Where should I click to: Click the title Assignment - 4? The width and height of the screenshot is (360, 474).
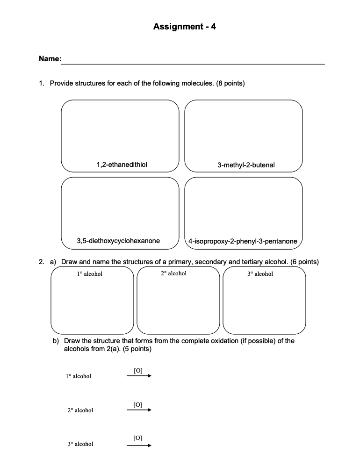[185, 27]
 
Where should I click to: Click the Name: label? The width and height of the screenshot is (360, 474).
[50, 59]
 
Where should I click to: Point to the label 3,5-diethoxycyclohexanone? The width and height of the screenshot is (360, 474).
[118, 241]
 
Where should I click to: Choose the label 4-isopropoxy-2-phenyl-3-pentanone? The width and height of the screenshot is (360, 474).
[243, 241]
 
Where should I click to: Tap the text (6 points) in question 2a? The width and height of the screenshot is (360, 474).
[304, 262]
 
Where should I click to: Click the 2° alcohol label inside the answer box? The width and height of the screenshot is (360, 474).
[173, 273]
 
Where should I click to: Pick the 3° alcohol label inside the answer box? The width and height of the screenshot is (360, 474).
[260, 274]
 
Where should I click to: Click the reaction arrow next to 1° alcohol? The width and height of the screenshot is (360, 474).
[139, 376]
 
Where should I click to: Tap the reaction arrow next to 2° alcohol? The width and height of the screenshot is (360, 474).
[139, 410]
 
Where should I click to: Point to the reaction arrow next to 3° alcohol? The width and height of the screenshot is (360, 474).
[139, 445]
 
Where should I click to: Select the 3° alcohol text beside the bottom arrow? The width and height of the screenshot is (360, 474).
[80, 444]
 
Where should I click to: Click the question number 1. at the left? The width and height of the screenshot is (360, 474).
[42, 84]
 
